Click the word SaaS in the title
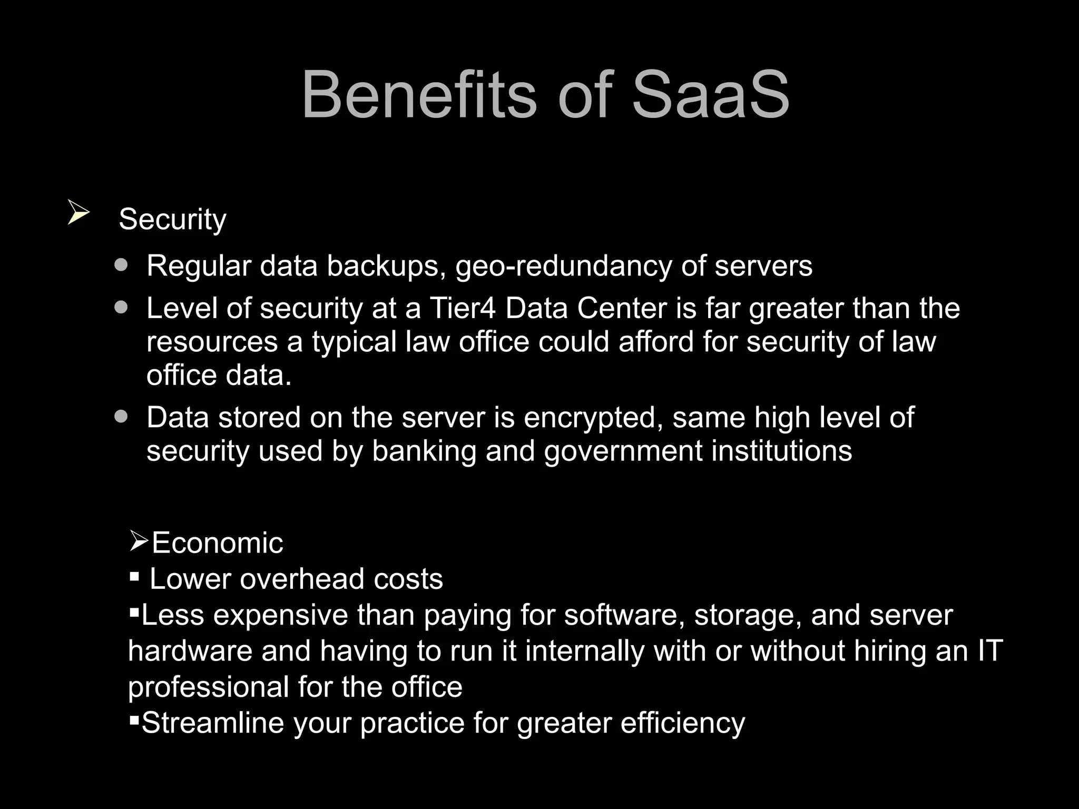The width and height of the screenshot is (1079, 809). (x=710, y=96)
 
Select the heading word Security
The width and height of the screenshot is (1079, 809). (x=172, y=219)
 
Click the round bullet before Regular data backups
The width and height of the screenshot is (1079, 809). (x=121, y=264)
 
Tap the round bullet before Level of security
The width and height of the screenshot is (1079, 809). (x=121, y=307)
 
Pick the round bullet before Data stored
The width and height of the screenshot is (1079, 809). (x=121, y=417)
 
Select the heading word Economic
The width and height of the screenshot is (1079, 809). (x=217, y=543)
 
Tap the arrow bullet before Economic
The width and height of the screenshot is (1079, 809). (x=139, y=541)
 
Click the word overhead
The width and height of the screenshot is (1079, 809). (x=302, y=579)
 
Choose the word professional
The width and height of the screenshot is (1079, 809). (x=208, y=687)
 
